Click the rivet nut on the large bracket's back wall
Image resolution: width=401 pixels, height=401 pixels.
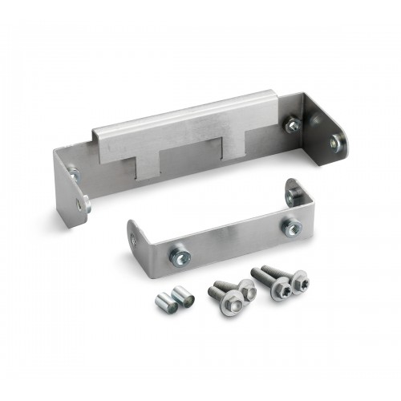(293, 125)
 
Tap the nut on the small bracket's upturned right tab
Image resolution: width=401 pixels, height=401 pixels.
(294, 194)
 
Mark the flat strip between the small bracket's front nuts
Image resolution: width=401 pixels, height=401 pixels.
(233, 241)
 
